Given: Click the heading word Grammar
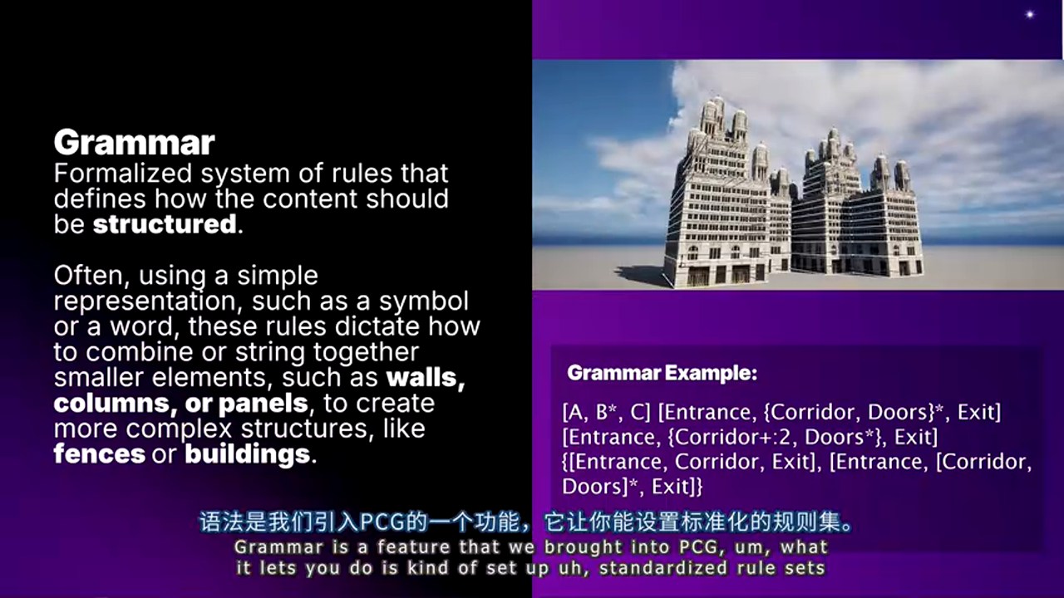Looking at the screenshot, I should pyautogui.click(x=134, y=143).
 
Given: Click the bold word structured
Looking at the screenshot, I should pyautogui.click(x=165, y=224).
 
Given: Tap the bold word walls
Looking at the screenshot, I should pyautogui.click(x=425, y=377).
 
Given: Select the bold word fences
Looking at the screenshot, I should pyautogui.click(x=99, y=454).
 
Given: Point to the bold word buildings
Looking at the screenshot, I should pyautogui.click(x=247, y=454).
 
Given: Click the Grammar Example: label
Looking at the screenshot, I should pyautogui.click(x=662, y=374).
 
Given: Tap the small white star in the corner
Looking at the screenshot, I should pyautogui.click(x=1029, y=14).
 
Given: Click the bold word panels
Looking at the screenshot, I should pyautogui.click(x=263, y=404).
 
